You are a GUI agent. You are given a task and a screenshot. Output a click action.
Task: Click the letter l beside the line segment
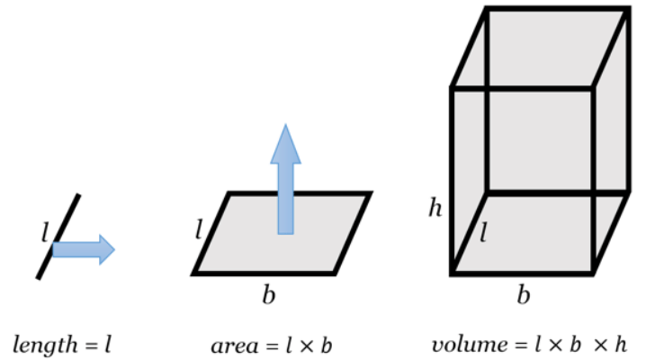[x=44, y=236]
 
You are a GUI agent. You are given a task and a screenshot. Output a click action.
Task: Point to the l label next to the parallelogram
[x=199, y=229]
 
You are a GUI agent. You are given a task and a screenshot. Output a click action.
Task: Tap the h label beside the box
[x=436, y=211]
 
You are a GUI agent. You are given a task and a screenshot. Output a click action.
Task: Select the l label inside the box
[x=483, y=235]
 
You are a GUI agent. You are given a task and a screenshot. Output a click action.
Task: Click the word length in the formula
[x=41, y=345]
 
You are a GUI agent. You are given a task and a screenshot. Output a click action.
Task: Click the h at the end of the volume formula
[x=622, y=344]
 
